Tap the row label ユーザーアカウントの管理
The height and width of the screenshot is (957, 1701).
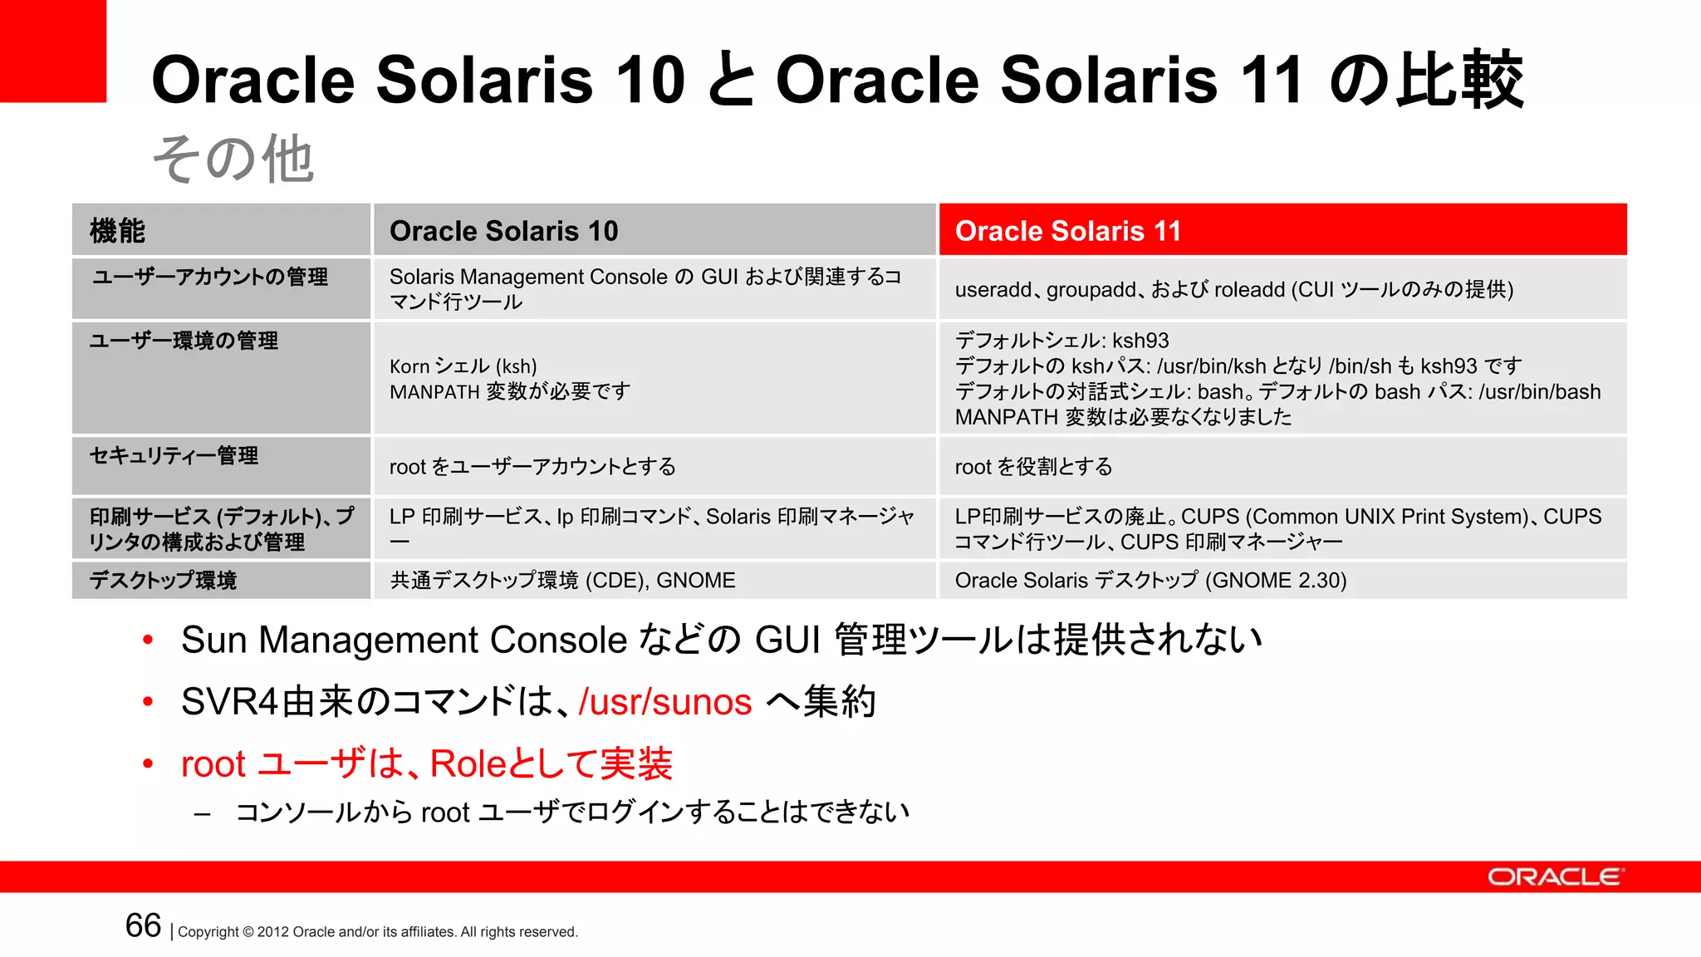pos(209,277)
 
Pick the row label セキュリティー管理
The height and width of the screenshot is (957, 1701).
pos(174,455)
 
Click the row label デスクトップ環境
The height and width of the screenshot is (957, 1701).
pos(163,580)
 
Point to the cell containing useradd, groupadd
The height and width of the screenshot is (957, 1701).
pos(1233,289)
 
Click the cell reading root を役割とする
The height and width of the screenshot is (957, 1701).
pos(1033,467)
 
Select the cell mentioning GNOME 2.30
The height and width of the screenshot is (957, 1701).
pos(1150,580)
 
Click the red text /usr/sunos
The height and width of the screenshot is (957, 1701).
pos(664,702)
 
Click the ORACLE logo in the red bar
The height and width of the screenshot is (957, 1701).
pos(1555,877)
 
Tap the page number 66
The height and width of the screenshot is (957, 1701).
pos(143,926)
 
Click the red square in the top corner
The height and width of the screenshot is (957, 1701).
pos(52,51)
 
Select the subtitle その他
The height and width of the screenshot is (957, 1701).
pos(233,159)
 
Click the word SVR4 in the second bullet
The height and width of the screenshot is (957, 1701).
pos(229,702)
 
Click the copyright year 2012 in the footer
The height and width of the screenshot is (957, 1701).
pos(273,932)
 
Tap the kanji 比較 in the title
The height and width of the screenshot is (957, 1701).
pos(1460,80)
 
